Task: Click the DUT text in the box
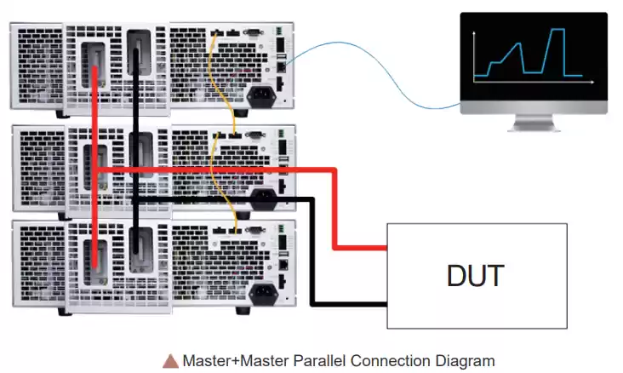(x=476, y=276)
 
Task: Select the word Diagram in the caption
(x=465, y=360)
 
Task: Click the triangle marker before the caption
(x=170, y=361)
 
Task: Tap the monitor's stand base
(x=533, y=127)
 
